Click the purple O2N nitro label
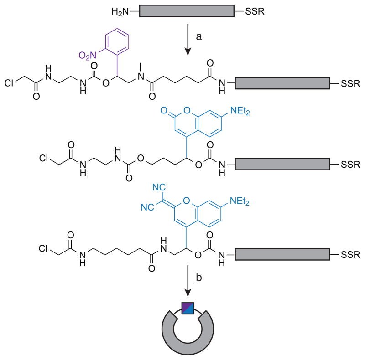click(89, 56)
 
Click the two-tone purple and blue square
click(188, 309)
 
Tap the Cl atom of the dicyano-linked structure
click(46, 249)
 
